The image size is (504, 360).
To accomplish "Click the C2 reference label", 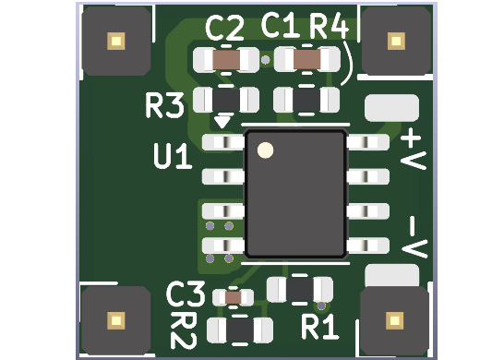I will tap(225, 30).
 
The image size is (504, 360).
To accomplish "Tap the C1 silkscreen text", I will tap(281, 26).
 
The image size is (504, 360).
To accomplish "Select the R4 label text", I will tap(328, 27).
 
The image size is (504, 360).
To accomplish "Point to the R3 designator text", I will tap(165, 106).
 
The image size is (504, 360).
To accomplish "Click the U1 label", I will tap(173, 156).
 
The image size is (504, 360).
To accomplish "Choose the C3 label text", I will tap(185, 295).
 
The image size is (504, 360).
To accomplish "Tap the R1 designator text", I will tap(320, 326).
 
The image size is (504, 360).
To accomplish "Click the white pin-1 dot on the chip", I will tap(266, 150).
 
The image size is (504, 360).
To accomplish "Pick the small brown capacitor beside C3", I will tap(234, 297).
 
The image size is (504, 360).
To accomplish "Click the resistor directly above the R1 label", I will tap(300, 290).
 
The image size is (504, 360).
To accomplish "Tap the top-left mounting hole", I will tap(115, 41).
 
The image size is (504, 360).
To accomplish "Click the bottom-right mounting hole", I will tap(395, 320).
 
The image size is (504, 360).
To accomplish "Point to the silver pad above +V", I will tap(391, 108).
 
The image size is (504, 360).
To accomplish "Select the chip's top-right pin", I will tap(367, 142).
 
